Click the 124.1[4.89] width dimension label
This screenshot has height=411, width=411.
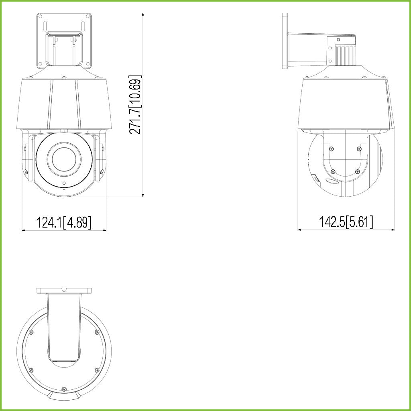64,222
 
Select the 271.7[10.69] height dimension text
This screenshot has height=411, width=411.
135,105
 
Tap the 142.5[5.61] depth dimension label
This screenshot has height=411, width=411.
346,222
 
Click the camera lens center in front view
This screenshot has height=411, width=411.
64,159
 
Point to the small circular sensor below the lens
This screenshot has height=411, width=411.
64,183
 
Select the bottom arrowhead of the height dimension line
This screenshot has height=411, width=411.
143,195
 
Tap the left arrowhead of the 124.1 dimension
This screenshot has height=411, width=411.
23,230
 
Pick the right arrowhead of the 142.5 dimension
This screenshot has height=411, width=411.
393,230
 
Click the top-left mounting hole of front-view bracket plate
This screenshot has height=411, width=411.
41,16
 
